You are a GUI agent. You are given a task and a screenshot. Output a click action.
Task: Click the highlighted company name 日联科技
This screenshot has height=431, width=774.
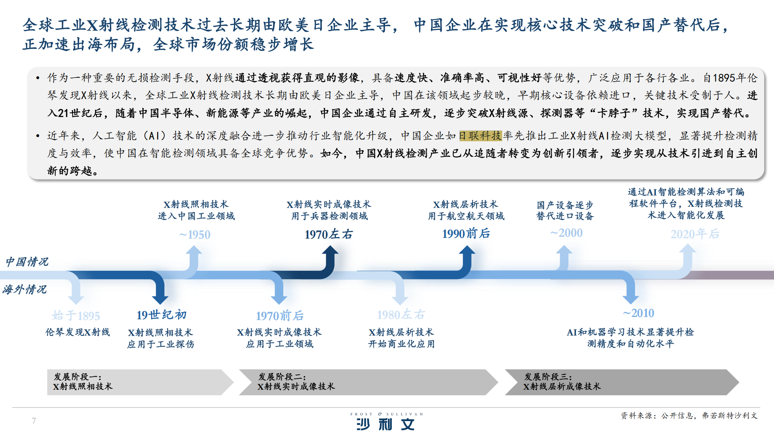pos(480,136)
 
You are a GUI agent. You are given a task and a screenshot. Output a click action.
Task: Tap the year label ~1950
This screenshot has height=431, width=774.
pos(195,235)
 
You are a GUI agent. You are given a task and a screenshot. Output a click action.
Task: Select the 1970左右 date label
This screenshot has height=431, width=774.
pos(329,234)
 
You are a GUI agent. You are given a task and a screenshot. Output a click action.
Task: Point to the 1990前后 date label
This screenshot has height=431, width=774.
pos(466,234)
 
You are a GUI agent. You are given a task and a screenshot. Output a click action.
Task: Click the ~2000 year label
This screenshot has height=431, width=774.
pos(566,233)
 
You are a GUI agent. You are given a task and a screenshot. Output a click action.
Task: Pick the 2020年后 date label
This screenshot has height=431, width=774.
pos(695,234)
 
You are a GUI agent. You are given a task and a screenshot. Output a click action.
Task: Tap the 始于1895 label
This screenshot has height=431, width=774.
pos(76,315)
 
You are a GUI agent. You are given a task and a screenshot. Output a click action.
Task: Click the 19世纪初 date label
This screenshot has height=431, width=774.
pos(162,315)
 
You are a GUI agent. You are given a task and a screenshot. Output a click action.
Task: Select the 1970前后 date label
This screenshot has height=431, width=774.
pos(280,315)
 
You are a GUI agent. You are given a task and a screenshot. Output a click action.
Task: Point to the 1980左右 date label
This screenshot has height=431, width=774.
pos(401,314)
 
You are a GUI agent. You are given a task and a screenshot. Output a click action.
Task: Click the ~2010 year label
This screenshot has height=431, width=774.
pos(638,313)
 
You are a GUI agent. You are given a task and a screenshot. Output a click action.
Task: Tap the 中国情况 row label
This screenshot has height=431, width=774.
pos(27,262)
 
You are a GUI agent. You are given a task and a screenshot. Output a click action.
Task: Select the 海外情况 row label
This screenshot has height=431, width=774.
pos(25,290)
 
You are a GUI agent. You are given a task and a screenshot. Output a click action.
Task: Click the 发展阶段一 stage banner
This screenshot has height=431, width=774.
pos(140,382)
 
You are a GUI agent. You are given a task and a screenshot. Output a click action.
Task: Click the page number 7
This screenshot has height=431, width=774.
pos(34,421)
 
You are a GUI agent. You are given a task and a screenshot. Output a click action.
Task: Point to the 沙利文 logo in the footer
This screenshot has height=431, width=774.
pos(386,421)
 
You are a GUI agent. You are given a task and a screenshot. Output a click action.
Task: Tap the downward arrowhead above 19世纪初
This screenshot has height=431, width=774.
pos(160,299)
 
